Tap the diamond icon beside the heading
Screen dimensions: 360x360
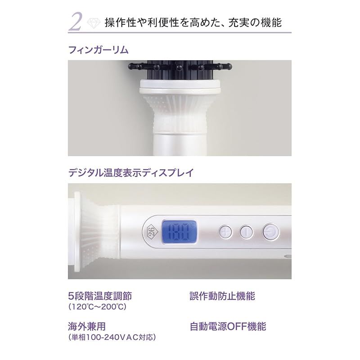click(94, 23)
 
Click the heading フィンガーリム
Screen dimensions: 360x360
click(99, 50)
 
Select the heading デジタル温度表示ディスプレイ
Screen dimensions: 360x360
click(131, 173)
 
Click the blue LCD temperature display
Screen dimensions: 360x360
click(179, 232)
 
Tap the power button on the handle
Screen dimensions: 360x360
click(271, 232)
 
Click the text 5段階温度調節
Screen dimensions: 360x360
click(100, 296)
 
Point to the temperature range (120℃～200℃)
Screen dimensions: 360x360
click(97, 307)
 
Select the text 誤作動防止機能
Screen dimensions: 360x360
click(222, 296)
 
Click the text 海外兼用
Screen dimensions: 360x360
click(87, 327)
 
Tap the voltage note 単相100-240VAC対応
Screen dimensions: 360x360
click(112, 337)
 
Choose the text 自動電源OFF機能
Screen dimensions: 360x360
click(228, 327)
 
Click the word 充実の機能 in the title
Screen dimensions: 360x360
click(255, 23)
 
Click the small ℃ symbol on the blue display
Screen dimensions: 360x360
click(192, 225)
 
